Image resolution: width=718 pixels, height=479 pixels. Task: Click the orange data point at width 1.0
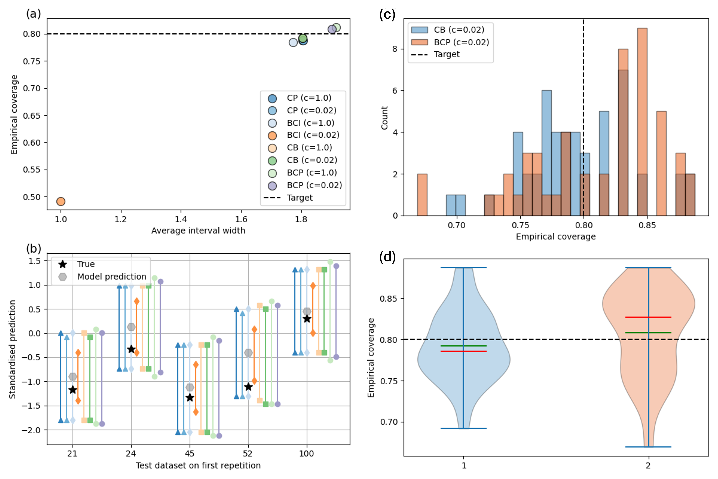[x=61, y=201]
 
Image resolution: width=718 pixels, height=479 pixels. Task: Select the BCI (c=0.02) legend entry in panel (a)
[x=313, y=135]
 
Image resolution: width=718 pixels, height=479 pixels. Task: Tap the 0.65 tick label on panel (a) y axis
[x=31, y=116]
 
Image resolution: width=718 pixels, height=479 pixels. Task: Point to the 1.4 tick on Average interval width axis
[x=181, y=219]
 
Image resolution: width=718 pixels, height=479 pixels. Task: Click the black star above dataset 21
[x=73, y=390]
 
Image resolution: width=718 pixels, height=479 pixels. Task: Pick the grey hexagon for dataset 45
[x=190, y=387]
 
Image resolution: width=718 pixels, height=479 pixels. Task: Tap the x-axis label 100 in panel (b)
[x=306, y=453]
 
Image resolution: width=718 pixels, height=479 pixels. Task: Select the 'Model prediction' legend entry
[x=111, y=277]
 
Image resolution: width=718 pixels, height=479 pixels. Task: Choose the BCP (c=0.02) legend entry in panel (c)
[x=461, y=42]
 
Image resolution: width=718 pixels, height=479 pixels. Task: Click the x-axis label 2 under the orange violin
[x=648, y=465]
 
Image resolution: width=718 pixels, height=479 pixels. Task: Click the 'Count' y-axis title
[x=384, y=118]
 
